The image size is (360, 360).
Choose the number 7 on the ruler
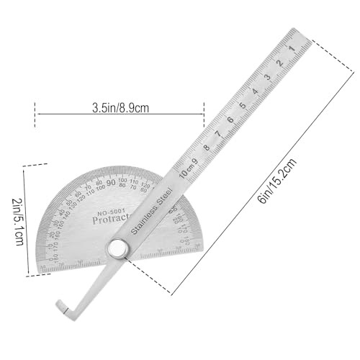218,134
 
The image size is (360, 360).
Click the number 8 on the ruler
206,148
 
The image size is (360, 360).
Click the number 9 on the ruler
194,161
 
